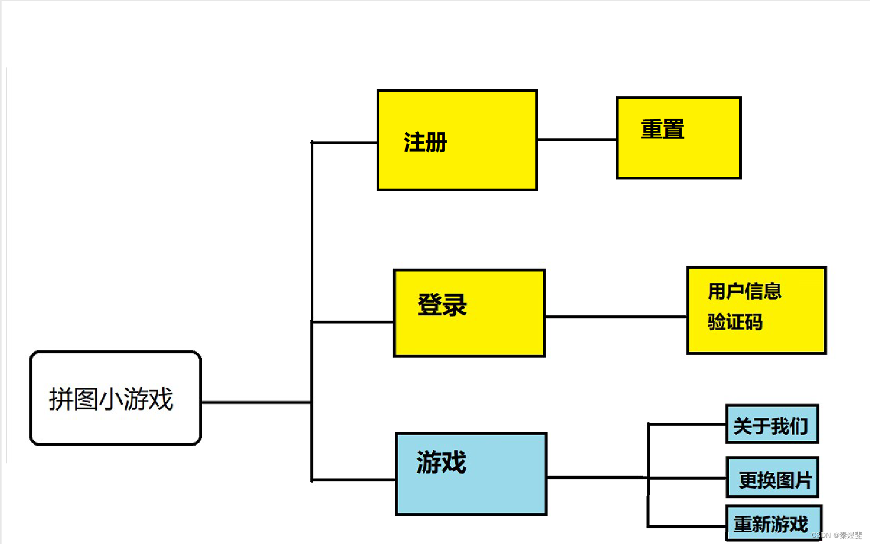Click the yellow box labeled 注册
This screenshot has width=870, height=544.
tap(457, 140)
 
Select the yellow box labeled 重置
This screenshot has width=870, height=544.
tap(678, 138)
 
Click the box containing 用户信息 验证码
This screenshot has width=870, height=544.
tap(756, 310)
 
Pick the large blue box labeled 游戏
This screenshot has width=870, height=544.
tap(470, 474)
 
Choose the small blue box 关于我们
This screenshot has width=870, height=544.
tap(772, 424)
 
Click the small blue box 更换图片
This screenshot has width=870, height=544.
tap(772, 478)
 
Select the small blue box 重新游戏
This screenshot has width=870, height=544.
tap(773, 523)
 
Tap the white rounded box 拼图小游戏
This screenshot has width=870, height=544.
tap(116, 398)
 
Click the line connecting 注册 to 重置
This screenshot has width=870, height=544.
tap(576, 139)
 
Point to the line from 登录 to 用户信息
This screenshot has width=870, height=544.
tap(615, 317)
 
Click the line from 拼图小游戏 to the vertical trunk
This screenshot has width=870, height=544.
tap(256, 403)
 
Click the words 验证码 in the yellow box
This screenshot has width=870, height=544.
tap(735, 322)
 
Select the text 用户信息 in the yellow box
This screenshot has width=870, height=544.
tap(744, 292)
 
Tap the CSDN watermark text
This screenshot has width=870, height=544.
tap(837, 535)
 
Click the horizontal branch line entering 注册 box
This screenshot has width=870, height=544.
tap(344, 142)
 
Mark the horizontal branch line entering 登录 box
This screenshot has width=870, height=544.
tap(352, 321)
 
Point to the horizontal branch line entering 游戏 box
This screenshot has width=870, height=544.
tap(353, 479)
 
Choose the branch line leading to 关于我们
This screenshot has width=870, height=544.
tap(687, 424)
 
